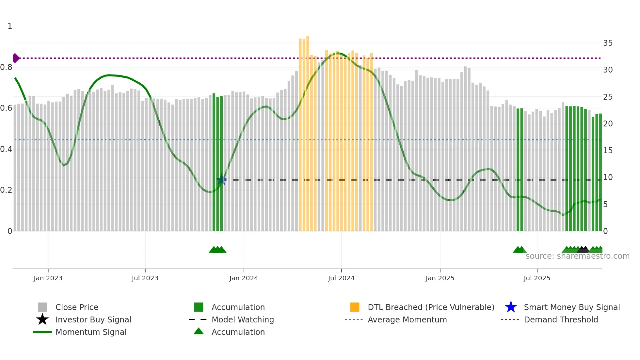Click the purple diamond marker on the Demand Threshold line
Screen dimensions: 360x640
tap(16, 58)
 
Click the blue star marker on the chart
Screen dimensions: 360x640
tap(221, 180)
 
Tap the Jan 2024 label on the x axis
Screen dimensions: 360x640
tap(244, 278)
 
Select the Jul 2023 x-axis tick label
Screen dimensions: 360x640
tap(145, 278)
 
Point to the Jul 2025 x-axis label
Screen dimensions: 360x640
tap(537, 278)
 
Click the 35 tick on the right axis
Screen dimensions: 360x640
tap(608, 43)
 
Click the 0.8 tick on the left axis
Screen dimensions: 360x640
tap(7, 68)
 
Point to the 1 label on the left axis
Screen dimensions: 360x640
tap(10, 26)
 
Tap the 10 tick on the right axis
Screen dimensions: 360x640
tap(608, 177)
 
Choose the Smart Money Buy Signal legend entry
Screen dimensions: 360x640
tap(571, 307)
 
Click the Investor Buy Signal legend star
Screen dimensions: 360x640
tap(42, 319)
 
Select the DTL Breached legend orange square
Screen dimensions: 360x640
tap(355, 307)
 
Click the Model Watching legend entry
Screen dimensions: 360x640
tap(242, 319)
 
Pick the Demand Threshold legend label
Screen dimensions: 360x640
tap(561, 319)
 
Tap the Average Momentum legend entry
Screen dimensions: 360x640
tap(407, 319)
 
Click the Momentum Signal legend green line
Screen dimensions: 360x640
tap(42, 332)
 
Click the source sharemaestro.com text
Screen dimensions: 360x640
tap(577, 256)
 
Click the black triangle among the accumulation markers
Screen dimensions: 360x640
tap(583, 250)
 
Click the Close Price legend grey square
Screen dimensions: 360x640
tap(42, 307)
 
